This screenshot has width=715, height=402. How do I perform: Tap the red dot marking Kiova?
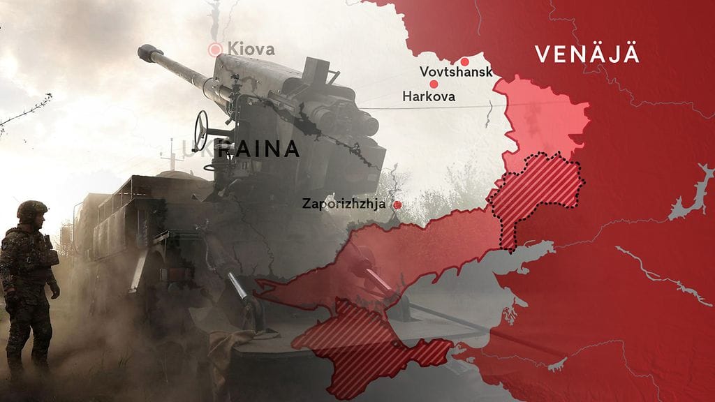[215, 49]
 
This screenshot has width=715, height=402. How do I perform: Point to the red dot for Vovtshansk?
[466, 60]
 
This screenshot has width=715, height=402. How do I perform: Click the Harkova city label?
[429, 97]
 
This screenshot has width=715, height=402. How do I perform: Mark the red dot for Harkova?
[434, 84]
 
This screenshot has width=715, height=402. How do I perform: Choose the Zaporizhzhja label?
[346, 204]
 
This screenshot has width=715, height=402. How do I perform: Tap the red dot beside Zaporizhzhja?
[397, 205]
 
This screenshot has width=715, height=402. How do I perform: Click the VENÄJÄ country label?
[587, 54]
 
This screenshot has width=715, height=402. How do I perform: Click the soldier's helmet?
[32, 209]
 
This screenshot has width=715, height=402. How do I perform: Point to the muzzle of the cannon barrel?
[145, 50]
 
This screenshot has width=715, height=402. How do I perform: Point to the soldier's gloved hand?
[54, 290]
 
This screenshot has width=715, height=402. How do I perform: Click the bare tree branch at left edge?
[28, 112]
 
